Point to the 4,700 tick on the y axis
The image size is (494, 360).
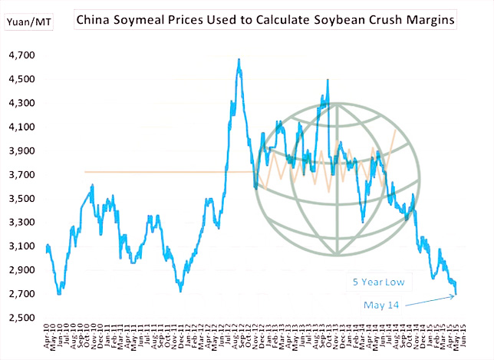point(21,55)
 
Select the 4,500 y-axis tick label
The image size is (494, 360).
point(21,79)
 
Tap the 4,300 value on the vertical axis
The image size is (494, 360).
point(21,103)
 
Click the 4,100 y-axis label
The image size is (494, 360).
point(21,127)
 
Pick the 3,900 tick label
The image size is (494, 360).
point(21,150)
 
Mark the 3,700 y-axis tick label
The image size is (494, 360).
point(21,175)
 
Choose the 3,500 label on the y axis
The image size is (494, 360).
point(21,199)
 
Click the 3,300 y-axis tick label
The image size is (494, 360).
point(21,223)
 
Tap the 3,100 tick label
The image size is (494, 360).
point(21,246)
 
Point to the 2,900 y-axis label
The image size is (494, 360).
point(21,270)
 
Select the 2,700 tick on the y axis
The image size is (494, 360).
point(21,294)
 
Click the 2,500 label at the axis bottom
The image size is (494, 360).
point(21,318)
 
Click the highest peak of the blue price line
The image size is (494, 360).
point(239,60)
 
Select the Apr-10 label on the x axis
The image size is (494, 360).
point(48,338)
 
